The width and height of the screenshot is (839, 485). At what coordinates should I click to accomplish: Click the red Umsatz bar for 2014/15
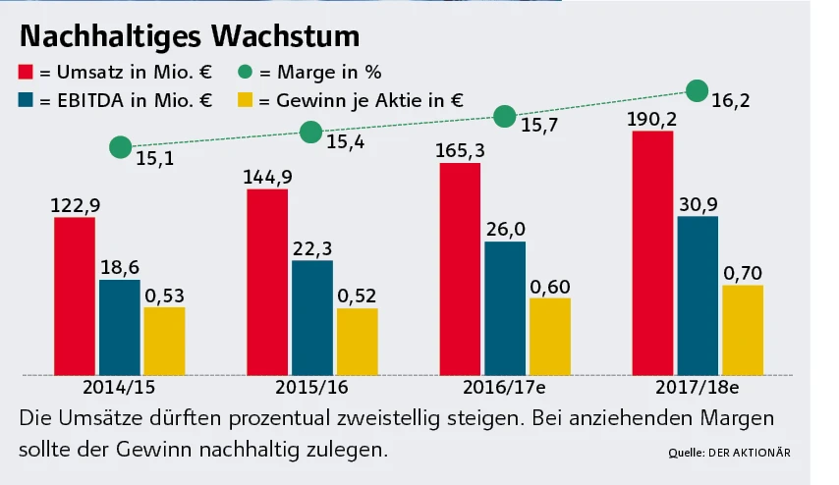(75, 296)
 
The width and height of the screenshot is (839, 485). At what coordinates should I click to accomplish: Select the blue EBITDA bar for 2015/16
(312, 317)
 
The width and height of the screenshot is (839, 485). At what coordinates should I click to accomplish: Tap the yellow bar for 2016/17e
(549, 336)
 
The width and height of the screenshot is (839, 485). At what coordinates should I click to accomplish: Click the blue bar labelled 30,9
(698, 296)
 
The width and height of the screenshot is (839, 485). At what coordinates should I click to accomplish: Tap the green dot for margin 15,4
(311, 133)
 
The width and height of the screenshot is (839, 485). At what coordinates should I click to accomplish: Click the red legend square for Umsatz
(28, 72)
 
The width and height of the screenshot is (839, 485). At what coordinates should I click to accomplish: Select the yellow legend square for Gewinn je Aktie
(248, 99)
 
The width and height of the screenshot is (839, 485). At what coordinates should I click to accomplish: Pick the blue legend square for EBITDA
(28, 99)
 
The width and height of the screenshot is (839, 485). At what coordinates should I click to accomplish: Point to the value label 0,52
(356, 296)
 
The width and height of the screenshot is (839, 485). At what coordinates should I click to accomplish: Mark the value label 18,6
(119, 267)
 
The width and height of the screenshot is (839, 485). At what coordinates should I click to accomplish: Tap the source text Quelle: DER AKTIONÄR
(727, 453)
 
